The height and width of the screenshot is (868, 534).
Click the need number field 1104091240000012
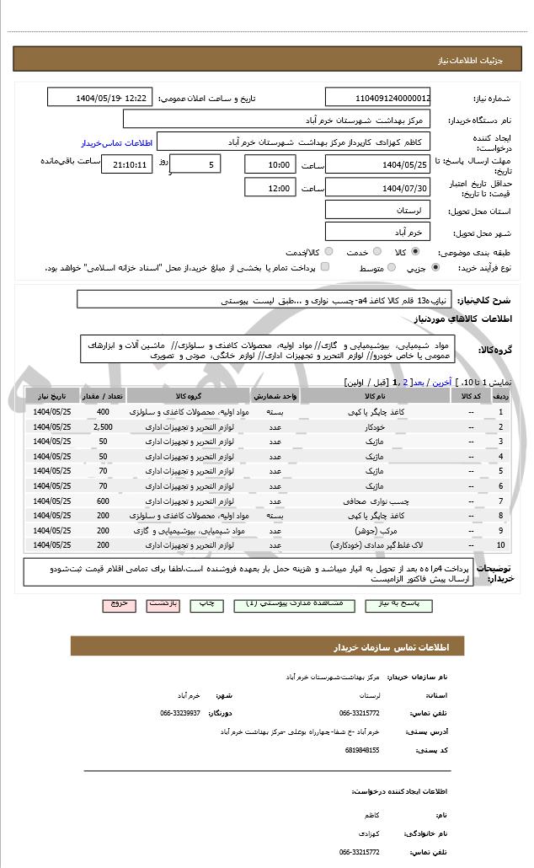point(378,99)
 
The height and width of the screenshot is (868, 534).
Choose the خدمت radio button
point(376,252)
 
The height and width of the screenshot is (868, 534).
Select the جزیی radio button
point(435,268)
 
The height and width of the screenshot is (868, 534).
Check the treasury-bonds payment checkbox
point(325,268)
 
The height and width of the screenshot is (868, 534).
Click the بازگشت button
point(162,605)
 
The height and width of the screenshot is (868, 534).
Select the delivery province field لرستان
point(378,209)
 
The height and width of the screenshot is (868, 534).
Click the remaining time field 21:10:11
point(127,164)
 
